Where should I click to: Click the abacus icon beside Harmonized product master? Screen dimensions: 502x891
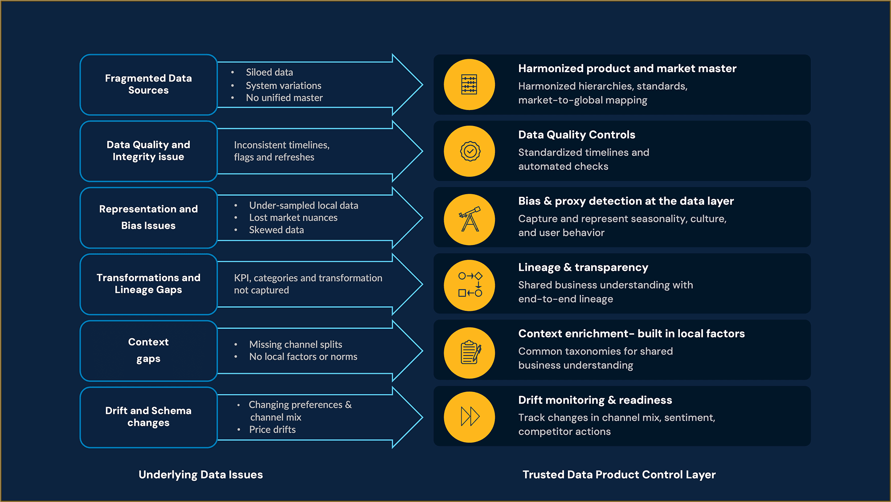469,85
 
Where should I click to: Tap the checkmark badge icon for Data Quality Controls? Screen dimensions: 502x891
470,151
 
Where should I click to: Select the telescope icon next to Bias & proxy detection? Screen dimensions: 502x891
470,219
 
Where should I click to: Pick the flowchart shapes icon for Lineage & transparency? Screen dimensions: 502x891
470,285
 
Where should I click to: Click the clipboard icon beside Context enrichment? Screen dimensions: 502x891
470,352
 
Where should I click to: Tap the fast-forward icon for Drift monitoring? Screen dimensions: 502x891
470,417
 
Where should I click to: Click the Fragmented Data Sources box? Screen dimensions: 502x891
148,85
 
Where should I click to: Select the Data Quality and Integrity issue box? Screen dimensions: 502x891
148,151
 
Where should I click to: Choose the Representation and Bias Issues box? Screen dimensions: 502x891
148,217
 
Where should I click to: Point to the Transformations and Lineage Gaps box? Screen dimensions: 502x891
148,284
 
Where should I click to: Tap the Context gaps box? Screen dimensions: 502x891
148,351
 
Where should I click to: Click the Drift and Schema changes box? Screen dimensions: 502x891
148,417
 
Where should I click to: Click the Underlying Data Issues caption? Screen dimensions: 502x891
200,475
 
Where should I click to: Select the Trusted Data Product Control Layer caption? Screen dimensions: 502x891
619,475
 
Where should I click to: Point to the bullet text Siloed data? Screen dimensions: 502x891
269,72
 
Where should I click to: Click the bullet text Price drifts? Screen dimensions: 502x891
272,429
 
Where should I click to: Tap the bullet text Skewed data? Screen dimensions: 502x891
276,230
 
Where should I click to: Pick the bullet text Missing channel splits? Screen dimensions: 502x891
295,344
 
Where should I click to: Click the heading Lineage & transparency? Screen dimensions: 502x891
583,267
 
